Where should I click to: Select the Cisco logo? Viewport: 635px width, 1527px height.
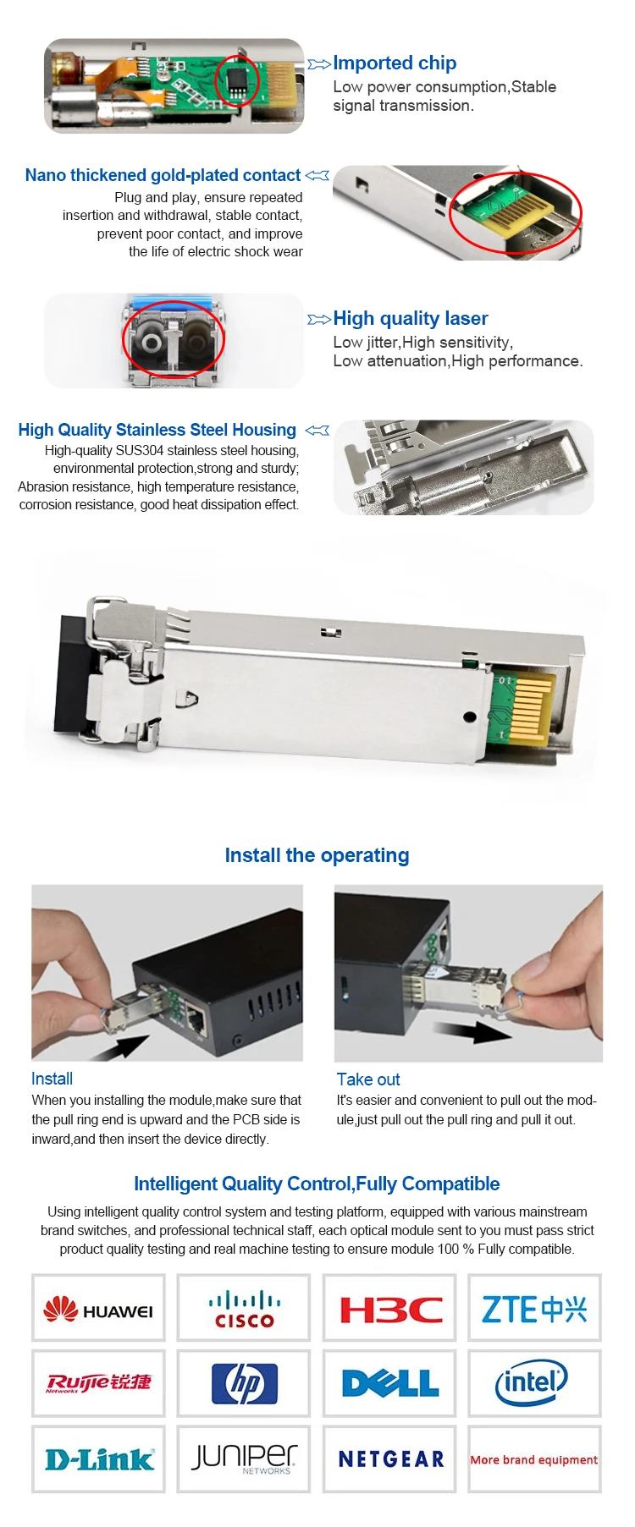(x=244, y=1309)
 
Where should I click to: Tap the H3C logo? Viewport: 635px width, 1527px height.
(x=390, y=1310)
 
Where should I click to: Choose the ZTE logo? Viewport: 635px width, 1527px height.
(x=534, y=1309)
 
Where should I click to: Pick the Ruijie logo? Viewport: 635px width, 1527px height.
(x=98, y=1382)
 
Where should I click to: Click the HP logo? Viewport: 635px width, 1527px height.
(x=244, y=1383)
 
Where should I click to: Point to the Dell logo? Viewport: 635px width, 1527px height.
(x=390, y=1383)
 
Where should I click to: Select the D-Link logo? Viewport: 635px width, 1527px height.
(x=99, y=1458)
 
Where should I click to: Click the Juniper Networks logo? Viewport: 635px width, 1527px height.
(x=244, y=1458)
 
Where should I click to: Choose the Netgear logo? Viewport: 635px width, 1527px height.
(x=391, y=1458)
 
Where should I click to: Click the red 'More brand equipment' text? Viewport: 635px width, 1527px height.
(x=533, y=1459)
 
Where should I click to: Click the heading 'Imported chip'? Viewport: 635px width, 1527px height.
(x=395, y=63)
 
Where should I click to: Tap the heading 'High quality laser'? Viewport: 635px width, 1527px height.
(x=411, y=318)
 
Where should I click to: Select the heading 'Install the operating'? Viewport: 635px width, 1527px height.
(x=317, y=855)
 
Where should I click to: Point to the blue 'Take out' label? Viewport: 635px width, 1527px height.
(x=368, y=1079)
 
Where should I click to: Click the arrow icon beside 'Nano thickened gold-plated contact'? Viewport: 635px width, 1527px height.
(x=317, y=175)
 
